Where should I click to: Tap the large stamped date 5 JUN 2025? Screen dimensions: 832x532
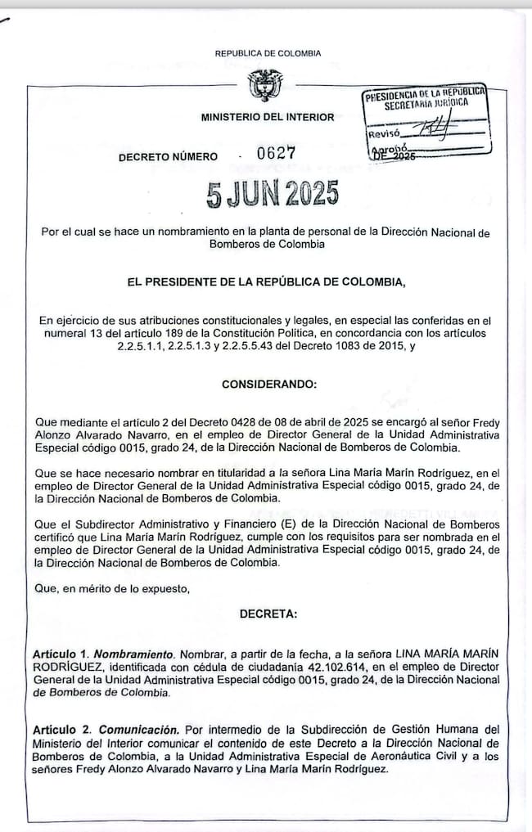[273, 196]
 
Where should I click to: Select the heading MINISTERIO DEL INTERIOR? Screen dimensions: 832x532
[268, 117]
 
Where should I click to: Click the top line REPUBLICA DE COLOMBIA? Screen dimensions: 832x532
[268, 53]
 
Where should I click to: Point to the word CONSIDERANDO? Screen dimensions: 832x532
[268, 384]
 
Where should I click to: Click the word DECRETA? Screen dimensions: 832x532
[268, 614]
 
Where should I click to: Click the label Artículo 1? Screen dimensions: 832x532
[61, 656]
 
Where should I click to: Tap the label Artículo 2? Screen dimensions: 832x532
[62, 729]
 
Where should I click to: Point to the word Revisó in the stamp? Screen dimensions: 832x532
[384, 133]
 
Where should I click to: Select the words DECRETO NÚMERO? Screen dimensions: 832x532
[168, 156]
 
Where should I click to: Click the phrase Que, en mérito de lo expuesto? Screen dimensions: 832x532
[110, 588]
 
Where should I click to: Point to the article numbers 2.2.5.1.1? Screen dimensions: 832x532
[145, 347]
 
